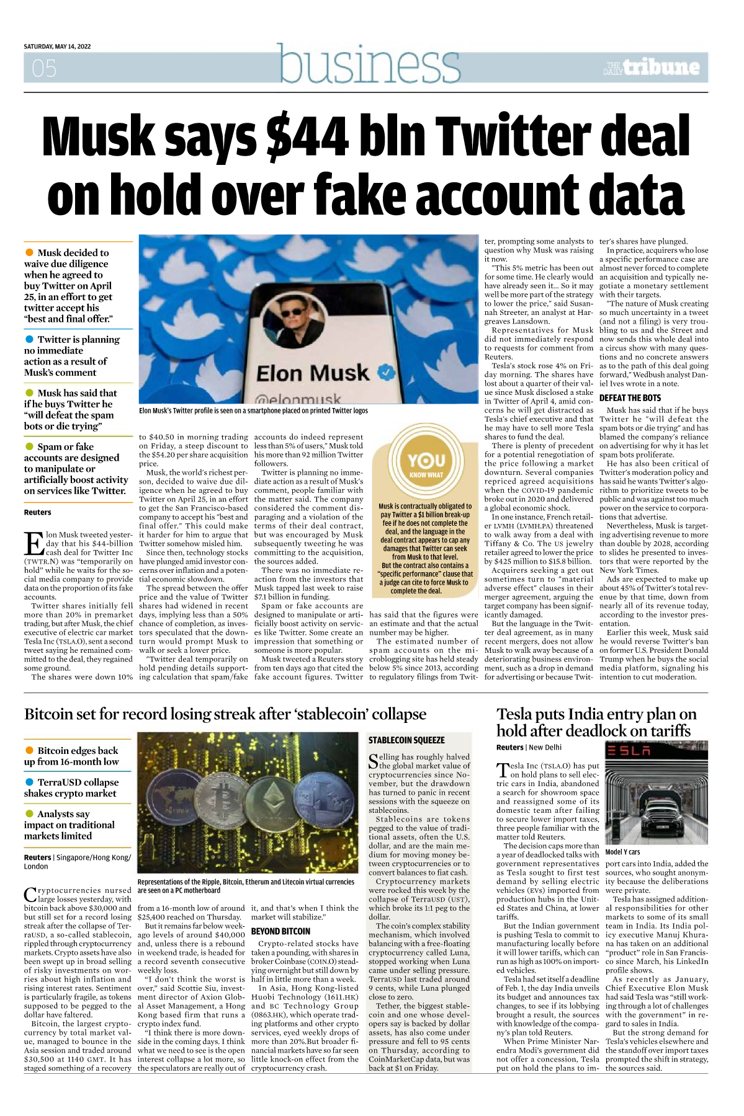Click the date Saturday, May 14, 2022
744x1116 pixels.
pyautogui.click(x=57, y=46)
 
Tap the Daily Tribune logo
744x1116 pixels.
pyautogui.click(x=652, y=68)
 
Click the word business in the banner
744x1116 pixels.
pyautogui.click(x=370, y=64)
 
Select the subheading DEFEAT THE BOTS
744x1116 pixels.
pyautogui.click(x=630, y=398)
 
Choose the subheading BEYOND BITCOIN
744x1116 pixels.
pyautogui.click(x=280, y=931)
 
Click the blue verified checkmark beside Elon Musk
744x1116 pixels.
pyautogui.click(x=387, y=373)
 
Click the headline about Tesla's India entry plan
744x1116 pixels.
pyautogui.click(x=596, y=722)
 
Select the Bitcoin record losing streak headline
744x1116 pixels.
pyautogui.click(x=225, y=714)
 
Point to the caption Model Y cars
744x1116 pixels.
pyautogui.click(x=622, y=852)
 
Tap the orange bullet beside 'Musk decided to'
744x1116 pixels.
pyautogui.click(x=29, y=252)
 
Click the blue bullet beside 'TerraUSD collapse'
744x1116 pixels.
pyautogui.click(x=29, y=782)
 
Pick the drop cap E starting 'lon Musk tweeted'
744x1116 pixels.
pyautogui.click(x=34, y=544)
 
